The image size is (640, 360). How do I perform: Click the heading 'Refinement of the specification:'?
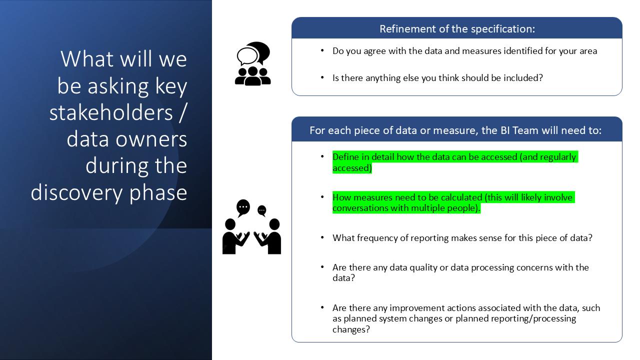coord(457,29)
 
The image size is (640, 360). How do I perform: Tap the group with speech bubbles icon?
coord(252,63)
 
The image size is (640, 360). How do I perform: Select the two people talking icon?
coord(251,226)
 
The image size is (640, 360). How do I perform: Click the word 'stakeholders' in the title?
coord(111,112)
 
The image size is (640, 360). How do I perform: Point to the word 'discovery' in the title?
coord(76,193)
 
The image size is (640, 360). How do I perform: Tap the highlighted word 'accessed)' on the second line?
coord(352,167)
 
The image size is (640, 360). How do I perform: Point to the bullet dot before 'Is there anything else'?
coord(322,77)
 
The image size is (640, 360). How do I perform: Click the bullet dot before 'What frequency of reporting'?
coord(322,237)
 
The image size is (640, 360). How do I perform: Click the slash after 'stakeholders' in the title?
coord(183,112)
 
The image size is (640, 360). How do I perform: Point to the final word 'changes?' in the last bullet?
coord(351,329)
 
